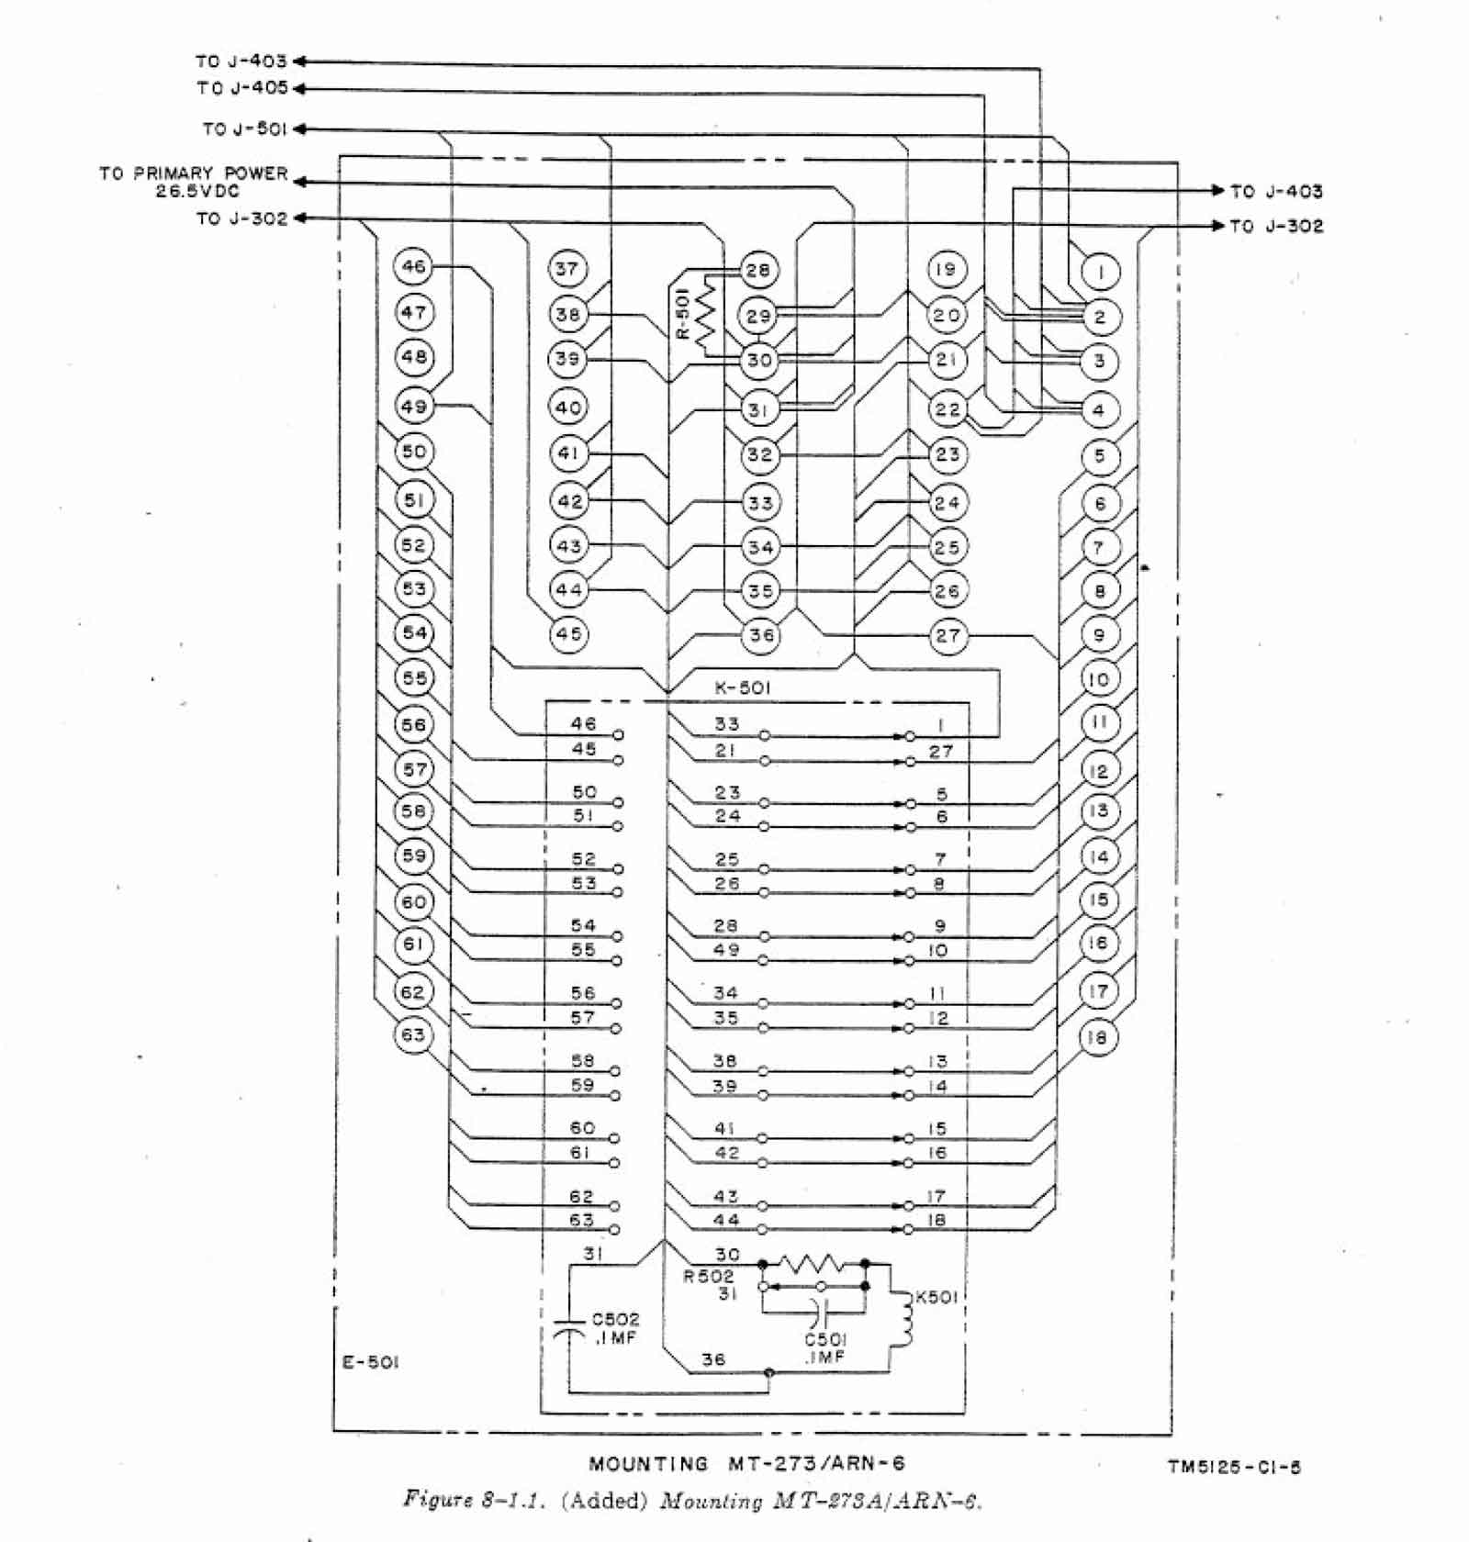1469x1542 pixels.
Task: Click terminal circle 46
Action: (x=413, y=267)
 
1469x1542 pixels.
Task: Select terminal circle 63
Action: (x=413, y=1035)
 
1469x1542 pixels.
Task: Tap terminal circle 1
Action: (x=1100, y=272)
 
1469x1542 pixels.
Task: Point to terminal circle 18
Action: (x=1097, y=1038)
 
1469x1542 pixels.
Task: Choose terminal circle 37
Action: (x=567, y=269)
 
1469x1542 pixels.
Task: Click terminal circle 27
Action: (x=948, y=635)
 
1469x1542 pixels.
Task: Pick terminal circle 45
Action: (x=568, y=634)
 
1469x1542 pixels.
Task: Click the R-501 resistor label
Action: (x=682, y=314)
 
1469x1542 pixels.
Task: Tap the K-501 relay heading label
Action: (x=743, y=688)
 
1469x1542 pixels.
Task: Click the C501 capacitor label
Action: (x=825, y=1340)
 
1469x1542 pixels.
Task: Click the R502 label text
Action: (x=708, y=1277)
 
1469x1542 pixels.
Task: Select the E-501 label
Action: (x=370, y=1362)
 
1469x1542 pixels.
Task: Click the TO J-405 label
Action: (x=242, y=88)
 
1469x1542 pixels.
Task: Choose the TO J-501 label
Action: (x=245, y=129)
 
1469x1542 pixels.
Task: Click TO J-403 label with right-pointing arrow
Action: (x=1276, y=192)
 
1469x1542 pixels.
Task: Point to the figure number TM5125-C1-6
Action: (x=1234, y=1467)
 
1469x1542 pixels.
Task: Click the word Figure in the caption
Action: (x=436, y=1500)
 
